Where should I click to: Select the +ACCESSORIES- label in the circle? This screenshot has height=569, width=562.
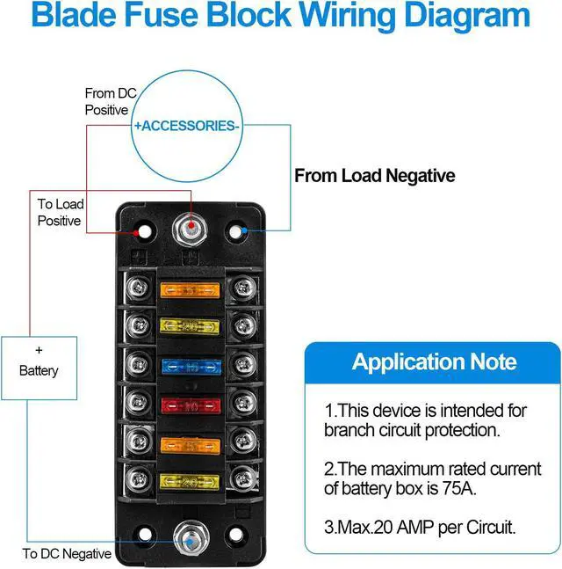coord(186,126)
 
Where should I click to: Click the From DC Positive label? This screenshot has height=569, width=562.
coord(106,101)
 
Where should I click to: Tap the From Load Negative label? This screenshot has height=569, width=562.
coord(374,176)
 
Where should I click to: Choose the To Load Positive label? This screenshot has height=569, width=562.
coord(60,213)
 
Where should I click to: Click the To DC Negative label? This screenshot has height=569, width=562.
coord(67,554)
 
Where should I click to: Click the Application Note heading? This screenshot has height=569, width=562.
coord(434,361)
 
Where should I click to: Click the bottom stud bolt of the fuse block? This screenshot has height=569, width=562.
coord(190,535)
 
